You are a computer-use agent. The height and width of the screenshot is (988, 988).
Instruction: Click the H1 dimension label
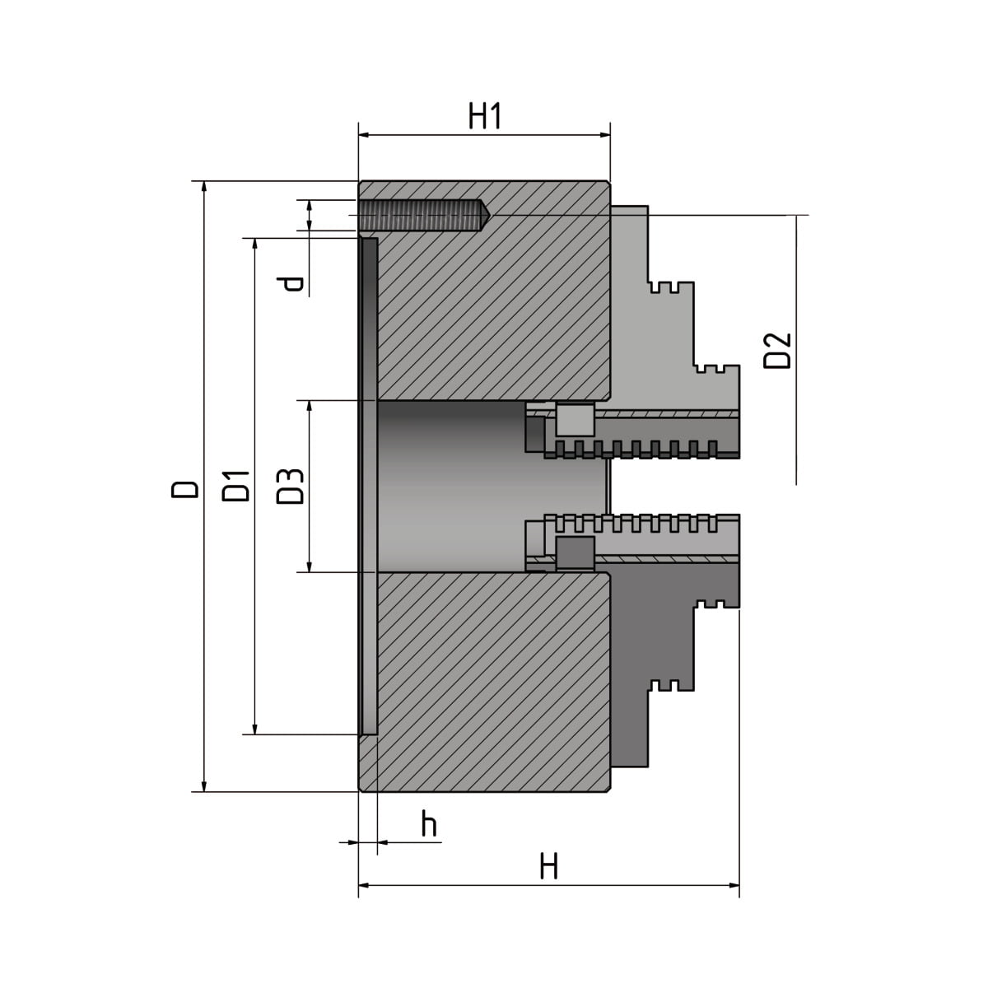coord(485,117)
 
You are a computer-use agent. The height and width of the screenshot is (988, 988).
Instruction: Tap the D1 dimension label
coord(236,486)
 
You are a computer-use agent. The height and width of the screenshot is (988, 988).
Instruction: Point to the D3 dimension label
coord(291,486)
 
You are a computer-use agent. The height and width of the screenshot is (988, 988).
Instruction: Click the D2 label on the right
coord(777,350)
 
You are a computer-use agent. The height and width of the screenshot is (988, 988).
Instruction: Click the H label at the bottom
coord(549,866)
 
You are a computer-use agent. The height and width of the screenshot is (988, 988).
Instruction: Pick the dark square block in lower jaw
coord(575,551)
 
